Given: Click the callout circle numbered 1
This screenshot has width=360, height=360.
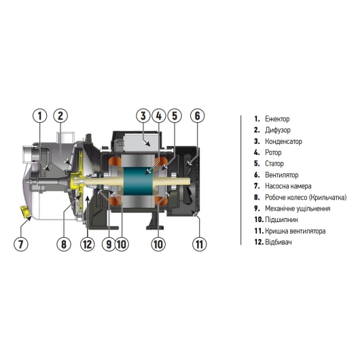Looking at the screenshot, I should pos(40,115).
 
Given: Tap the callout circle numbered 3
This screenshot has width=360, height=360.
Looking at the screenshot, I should pos(143,115).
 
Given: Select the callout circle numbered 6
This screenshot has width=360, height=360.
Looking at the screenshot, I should pos(196,115).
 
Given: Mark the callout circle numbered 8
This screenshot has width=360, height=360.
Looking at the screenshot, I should pos(65,242).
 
